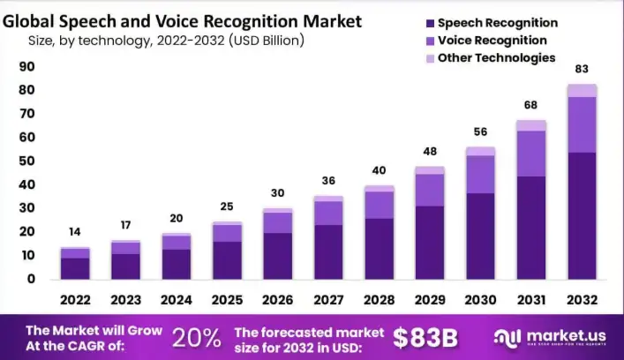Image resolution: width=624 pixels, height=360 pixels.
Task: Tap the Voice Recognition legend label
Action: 492,41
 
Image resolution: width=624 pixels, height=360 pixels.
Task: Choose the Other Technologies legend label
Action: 496,57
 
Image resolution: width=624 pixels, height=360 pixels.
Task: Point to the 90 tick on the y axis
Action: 26,67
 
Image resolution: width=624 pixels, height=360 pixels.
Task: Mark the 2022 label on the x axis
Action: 75,299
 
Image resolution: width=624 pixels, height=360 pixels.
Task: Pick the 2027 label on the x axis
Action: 328,299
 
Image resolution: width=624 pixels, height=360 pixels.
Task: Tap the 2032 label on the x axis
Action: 582,299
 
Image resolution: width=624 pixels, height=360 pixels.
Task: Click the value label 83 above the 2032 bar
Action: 582,69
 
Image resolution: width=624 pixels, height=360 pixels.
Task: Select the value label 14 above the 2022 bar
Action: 75,232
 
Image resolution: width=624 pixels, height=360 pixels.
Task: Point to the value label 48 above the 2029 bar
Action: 430,151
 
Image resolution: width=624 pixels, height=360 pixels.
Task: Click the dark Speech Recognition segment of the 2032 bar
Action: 582,216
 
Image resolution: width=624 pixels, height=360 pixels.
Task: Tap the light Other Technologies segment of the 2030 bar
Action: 480,152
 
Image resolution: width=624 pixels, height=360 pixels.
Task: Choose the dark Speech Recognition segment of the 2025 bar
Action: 227,260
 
